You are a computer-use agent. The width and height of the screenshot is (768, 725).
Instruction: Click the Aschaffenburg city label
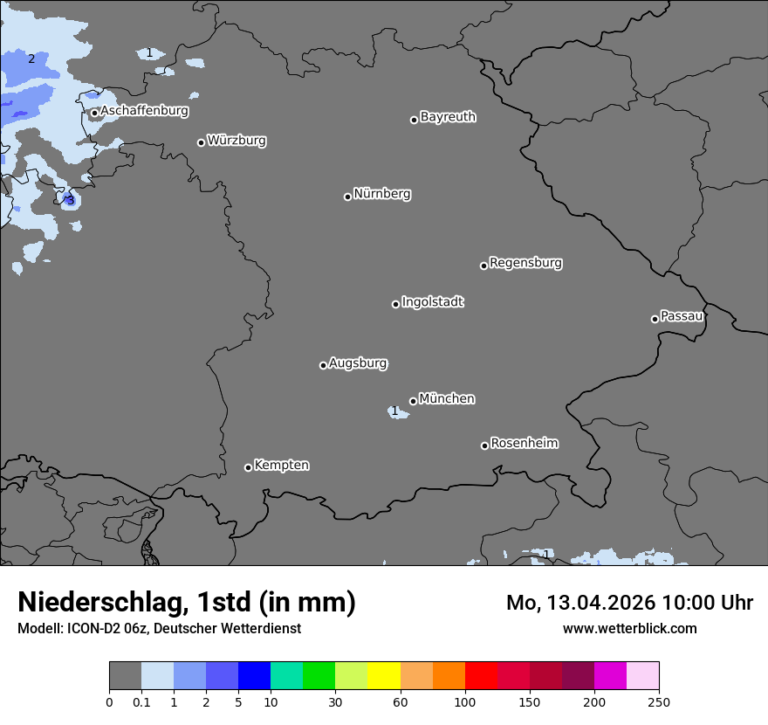click(x=144, y=111)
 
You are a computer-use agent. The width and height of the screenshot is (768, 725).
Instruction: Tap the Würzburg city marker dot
click(x=201, y=142)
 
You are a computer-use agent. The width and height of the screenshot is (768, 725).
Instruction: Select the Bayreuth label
click(x=448, y=117)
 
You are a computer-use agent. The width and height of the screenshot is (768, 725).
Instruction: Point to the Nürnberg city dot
click(x=347, y=197)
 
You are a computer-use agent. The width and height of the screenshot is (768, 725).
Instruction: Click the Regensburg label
click(x=525, y=263)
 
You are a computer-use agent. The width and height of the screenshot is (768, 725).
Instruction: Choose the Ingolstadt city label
click(x=432, y=302)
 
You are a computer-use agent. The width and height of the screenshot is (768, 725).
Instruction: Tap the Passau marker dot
click(x=655, y=319)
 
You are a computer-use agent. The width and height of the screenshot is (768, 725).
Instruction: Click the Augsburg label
click(x=358, y=363)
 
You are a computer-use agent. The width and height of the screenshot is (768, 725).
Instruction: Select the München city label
click(x=447, y=399)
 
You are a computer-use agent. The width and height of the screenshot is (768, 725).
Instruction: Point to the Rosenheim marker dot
click(x=484, y=446)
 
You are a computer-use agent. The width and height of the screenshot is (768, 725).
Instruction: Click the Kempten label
click(x=281, y=466)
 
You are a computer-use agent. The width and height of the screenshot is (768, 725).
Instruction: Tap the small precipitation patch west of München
click(x=397, y=411)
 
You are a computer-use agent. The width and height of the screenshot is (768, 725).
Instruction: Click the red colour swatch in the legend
click(x=481, y=676)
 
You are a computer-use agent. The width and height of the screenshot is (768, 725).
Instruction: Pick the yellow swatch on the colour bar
click(x=384, y=676)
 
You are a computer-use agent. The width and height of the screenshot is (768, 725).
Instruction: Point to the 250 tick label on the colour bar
click(x=659, y=702)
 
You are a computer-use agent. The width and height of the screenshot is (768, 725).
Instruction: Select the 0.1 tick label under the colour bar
click(x=141, y=702)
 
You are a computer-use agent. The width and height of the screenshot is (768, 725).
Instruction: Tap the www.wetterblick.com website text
click(x=629, y=628)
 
